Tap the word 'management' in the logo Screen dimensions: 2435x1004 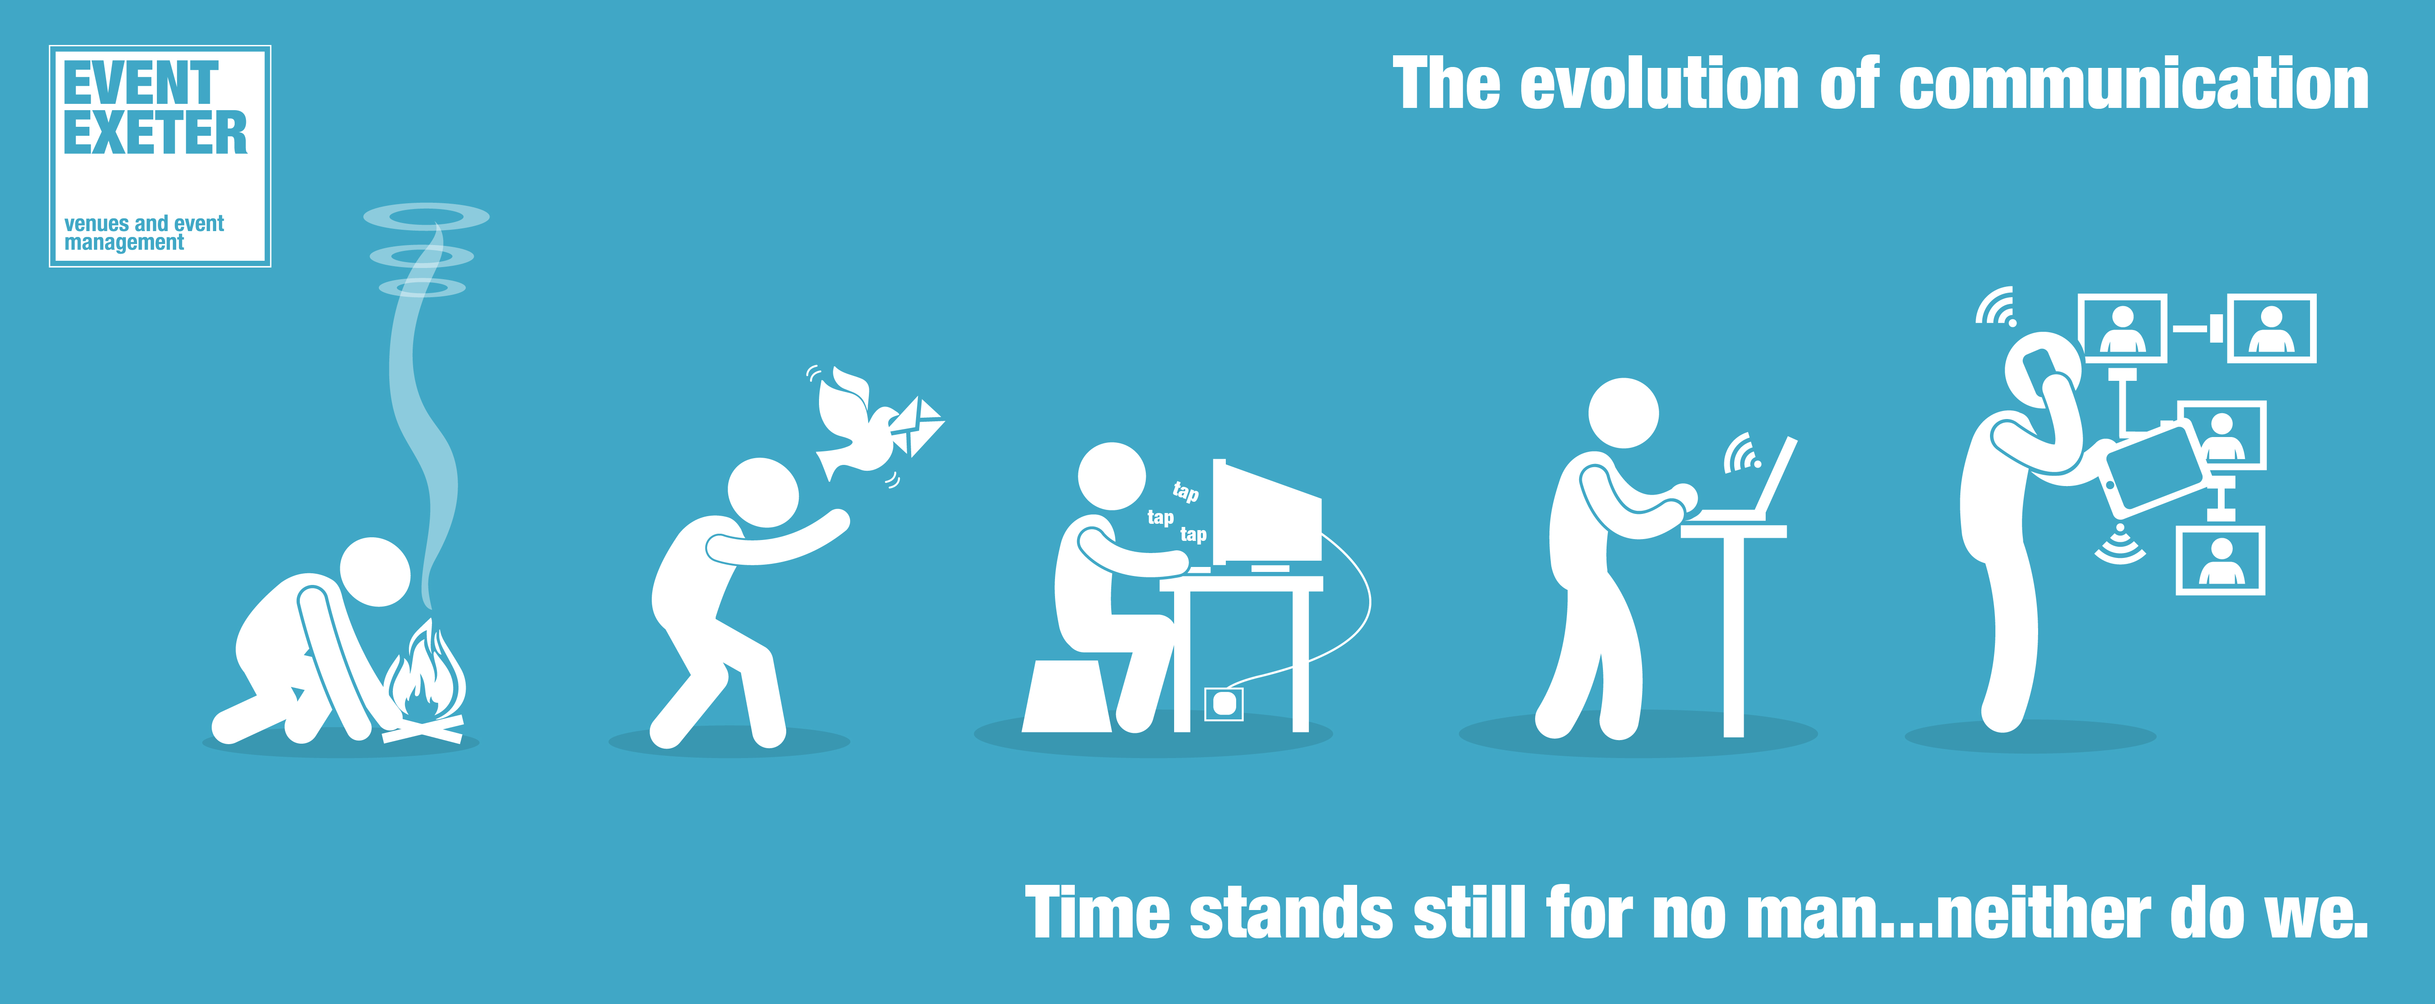coord(124,243)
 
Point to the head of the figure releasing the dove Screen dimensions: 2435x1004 coord(763,492)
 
